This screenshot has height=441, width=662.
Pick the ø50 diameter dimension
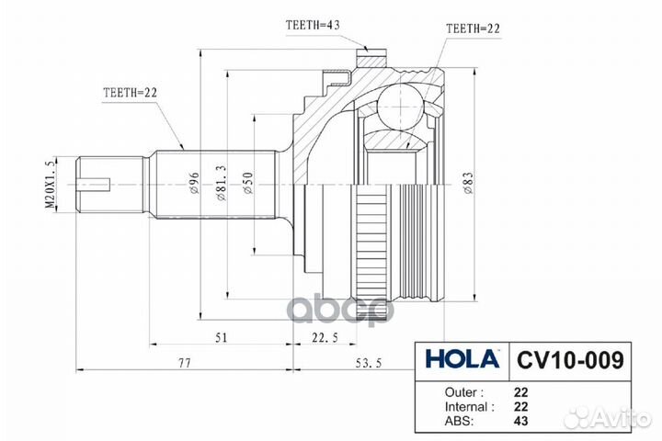(x=248, y=183)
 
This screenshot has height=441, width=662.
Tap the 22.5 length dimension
(x=325, y=338)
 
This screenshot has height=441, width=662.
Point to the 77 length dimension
(x=183, y=365)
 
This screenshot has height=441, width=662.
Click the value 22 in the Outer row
(x=521, y=390)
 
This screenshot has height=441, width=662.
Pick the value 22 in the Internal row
(x=521, y=406)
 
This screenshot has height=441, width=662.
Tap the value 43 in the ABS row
(x=521, y=423)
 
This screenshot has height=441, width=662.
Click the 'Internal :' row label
(x=467, y=406)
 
